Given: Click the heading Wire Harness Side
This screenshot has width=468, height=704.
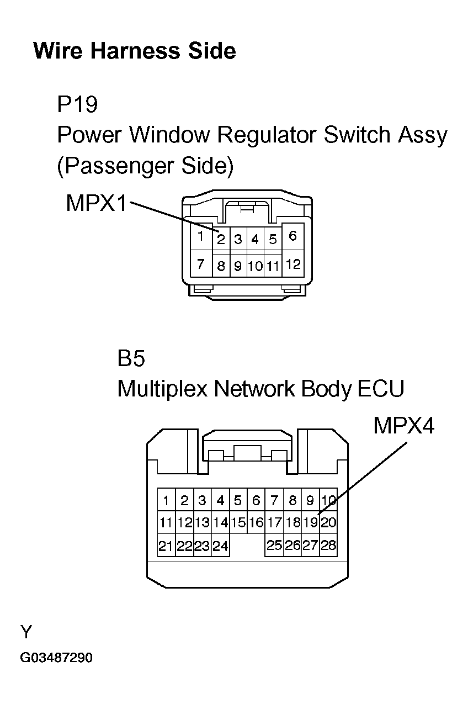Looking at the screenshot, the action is click(135, 51).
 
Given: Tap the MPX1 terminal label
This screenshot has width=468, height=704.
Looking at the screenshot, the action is click(96, 203).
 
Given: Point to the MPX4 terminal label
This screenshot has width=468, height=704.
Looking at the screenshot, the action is click(403, 426).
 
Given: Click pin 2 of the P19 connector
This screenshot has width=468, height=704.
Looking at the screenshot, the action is click(221, 239).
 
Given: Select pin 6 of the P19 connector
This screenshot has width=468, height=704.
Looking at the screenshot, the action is click(292, 236).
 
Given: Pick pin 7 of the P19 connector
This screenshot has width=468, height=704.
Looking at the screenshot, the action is click(201, 264).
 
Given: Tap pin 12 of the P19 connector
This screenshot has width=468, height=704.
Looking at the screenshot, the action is click(293, 264).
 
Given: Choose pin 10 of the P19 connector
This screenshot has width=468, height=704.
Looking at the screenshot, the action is click(256, 267).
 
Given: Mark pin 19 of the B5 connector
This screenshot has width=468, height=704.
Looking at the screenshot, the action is click(310, 522).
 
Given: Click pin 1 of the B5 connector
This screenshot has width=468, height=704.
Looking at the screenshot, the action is click(166, 500).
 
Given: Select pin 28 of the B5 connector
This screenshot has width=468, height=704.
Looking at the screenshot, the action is click(328, 545).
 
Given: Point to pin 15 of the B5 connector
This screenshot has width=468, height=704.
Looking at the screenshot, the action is click(238, 522).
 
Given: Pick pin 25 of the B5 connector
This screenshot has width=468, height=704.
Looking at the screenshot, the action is click(274, 545).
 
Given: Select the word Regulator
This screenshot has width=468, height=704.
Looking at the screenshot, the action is click(267, 135).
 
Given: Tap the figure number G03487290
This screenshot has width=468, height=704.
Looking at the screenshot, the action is click(56, 658).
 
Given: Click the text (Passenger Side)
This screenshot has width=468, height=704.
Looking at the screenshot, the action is click(146, 166).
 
